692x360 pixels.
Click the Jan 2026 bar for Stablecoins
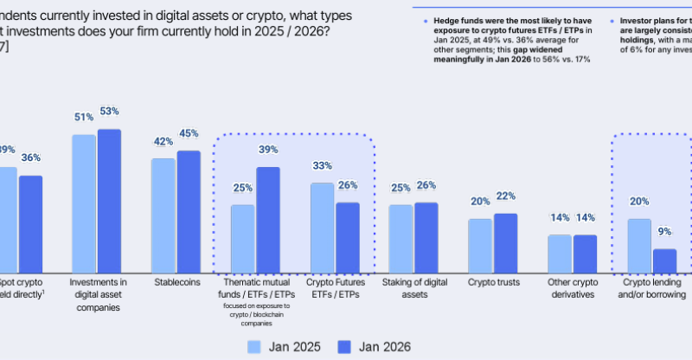pos(189,211)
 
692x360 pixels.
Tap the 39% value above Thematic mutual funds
pos(268,151)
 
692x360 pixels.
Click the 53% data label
pos(109,112)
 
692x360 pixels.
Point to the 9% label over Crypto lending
pos(664,232)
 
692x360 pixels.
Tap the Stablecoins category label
pos(176,282)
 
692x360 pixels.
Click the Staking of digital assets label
pos(413,287)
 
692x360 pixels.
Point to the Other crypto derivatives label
pos(572,287)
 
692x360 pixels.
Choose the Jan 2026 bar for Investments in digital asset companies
pos(109,200)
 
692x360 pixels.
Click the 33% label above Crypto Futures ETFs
pos(322,166)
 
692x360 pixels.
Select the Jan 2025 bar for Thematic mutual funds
pos(243,238)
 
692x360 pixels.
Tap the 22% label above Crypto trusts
pos(505,196)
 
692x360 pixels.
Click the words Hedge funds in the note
pos(447,18)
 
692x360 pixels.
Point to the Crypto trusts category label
pos(492,282)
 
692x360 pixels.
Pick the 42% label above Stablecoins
pos(163,142)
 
